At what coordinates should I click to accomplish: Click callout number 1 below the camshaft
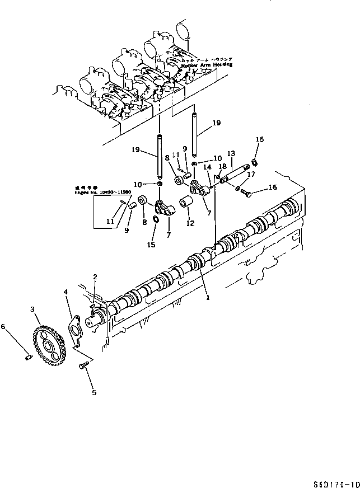tap(209, 298)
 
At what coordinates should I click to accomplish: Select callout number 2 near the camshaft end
tap(96, 276)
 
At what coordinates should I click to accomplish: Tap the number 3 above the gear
tap(33, 309)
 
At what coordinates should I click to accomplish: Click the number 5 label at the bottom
tap(93, 392)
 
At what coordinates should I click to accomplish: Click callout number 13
tap(231, 153)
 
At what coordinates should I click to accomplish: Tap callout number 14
tap(207, 166)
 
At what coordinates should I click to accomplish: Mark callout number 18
tap(222, 166)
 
